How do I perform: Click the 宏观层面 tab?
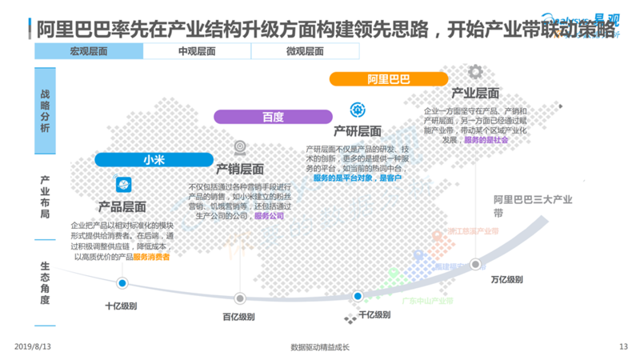(89, 52)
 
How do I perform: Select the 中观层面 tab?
(197, 52)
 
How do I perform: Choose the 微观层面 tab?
(305, 52)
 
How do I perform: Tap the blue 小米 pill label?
(154, 159)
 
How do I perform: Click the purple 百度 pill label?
(273, 117)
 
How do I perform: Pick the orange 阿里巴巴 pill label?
(389, 79)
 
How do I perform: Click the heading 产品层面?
(122, 207)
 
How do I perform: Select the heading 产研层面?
(357, 131)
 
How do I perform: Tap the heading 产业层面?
(475, 93)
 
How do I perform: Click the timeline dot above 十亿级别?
(122, 283)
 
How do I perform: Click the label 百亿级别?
(239, 317)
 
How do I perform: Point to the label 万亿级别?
(507, 280)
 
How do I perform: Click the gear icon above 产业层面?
(475, 72)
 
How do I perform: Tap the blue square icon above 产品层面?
(124, 186)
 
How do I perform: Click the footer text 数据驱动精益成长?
(320, 347)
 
